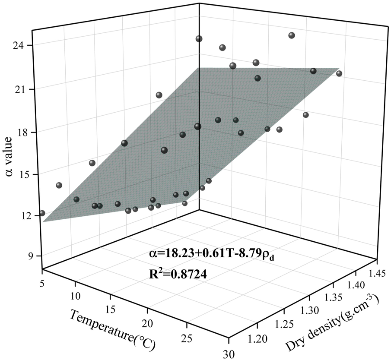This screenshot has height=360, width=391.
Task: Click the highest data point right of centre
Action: point(292,35)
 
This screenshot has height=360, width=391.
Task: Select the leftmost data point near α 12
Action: point(42,213)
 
